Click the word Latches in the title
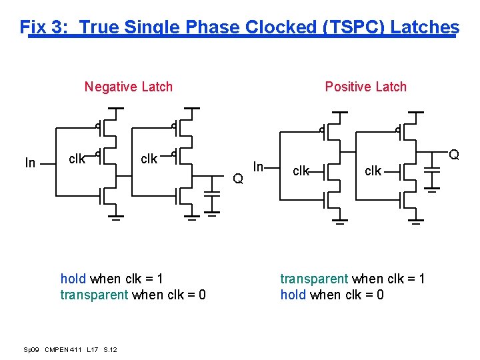pyautogui.click(x=425, y=27)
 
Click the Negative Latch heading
pyautogui.click(x=128, y=87)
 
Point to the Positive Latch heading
pyautogui.click(x=365, y=87)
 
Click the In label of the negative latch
pyautogui.click(x=30, y=163)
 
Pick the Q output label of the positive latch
pyautogui.click(x=454, y=155)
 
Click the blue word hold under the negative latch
pyautogui.click(x=73, y=279)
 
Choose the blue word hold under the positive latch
pyautogui.click(x=293, y=295)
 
